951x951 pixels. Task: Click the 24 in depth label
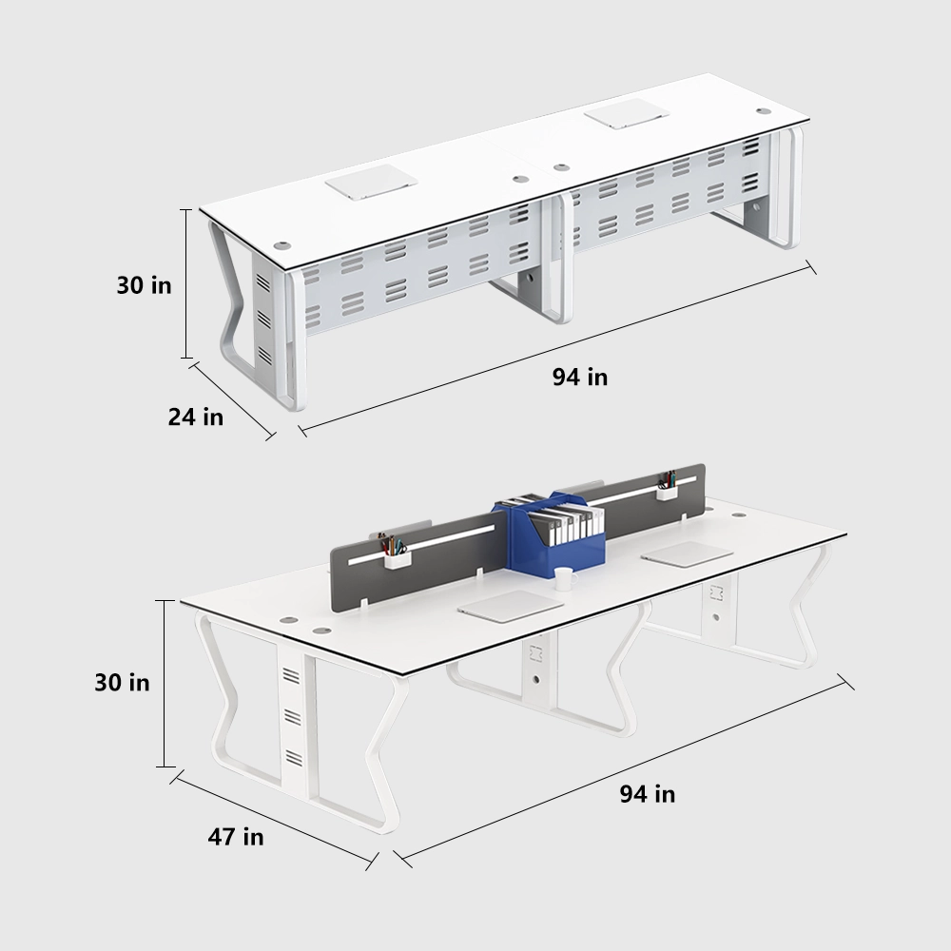click(196, 417)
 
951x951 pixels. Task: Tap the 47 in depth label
click(236, 837)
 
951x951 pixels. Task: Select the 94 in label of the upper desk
click(580, 377)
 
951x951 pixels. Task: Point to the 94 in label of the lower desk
click(648, 793)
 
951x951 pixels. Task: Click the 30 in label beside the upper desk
click(145, 284)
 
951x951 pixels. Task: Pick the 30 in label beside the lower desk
click(122, 682)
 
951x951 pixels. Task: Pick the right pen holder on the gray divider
click(667, 490)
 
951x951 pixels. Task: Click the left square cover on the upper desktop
click(366, 181)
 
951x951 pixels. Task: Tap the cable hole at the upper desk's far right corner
click(763, 110)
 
